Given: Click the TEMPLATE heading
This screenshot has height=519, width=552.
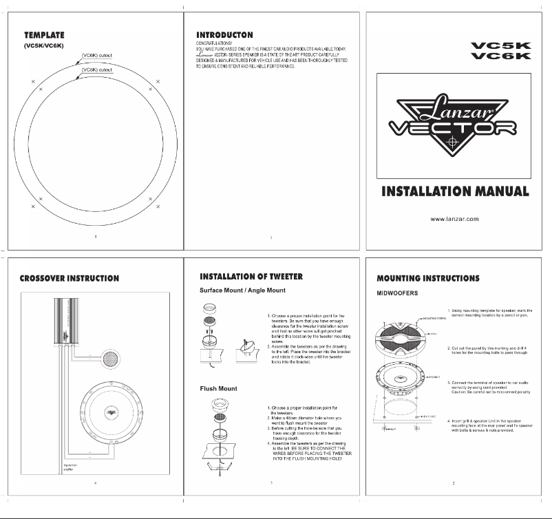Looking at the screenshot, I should (45, 34).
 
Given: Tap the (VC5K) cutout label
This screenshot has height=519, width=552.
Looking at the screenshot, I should (96, 55).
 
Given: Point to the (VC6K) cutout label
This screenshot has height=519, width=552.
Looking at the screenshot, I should (96, 70).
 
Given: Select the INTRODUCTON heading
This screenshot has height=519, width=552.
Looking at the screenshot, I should (224, 34).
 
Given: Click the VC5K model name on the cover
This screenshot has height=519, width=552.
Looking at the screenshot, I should (501, 46).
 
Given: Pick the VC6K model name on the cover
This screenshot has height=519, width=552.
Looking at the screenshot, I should (501, 56).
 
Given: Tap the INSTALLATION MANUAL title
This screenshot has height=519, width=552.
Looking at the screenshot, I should (455, 191).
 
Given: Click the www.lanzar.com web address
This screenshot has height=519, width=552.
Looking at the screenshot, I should (454, 219).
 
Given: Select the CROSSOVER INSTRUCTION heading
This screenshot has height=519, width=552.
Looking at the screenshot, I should (69, 279).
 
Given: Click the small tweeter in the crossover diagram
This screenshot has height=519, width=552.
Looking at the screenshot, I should (110, 359).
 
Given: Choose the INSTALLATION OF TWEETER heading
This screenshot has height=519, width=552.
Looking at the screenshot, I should (251, 276).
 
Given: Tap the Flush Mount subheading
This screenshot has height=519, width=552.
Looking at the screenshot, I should (218, 389).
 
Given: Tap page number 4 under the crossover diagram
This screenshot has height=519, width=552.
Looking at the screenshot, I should (95, 483).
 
